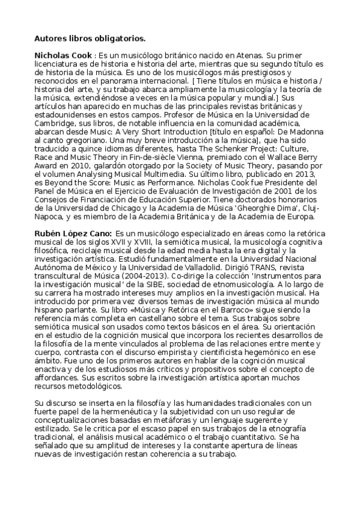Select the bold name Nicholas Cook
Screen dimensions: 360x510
coord(63,55)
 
